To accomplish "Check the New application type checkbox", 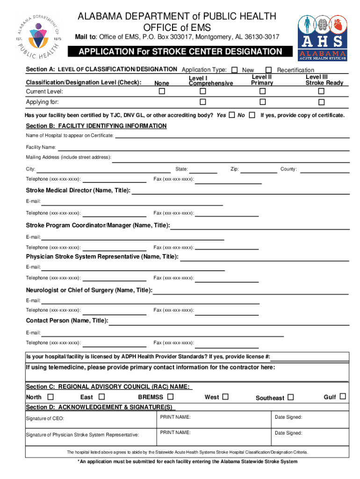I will tap(234, 70).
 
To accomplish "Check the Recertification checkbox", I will tap(269, 70).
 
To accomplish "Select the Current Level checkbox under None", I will tap(162, 91).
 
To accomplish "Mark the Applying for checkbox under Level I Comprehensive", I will tap(203, 102).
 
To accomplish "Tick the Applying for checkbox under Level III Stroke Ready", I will tap(321, 102).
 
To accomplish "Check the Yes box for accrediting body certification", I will tap(232, 115).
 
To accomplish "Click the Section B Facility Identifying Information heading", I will tap(96, 126).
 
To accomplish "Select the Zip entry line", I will tap(259, 170).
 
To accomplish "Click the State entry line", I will tap(203, 170).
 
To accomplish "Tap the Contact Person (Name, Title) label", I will tap(67, 320).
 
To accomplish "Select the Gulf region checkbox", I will tap(343, 397).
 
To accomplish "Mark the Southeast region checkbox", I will tap(291, 398).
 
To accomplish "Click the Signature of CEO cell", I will tap(89, 418).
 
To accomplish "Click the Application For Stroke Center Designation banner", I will tap(180, 51).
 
